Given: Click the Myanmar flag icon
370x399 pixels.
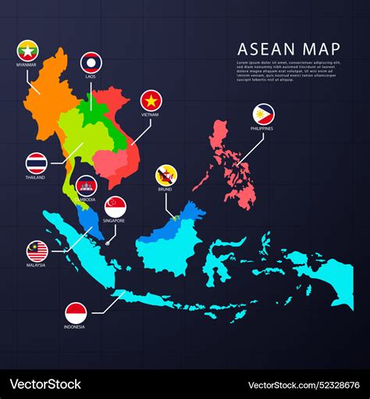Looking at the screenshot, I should click(27, 51).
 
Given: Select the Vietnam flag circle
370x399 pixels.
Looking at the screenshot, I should click(151, 101).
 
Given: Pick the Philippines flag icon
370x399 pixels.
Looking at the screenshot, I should click(263, 114).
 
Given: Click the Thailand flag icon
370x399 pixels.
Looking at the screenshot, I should click(36, 163).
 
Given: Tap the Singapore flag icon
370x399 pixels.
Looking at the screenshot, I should click(116, 206).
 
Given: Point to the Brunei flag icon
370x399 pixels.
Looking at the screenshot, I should click(164, 175).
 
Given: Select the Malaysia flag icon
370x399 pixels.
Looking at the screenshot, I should click(37, 251).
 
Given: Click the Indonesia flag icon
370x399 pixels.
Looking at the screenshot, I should click(76, 312).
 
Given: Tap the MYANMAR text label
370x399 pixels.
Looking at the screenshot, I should click(27, 66).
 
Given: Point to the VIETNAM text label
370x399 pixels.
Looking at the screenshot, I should click(151, 115).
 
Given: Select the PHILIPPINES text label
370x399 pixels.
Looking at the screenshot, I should click(263, 128).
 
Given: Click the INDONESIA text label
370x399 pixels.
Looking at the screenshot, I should click(76, 326).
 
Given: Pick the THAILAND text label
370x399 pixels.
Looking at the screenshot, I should click(35, 177).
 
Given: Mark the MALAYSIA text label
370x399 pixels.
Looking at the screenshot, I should click(36, 265).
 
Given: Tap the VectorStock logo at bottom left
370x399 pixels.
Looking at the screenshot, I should click(45, 384).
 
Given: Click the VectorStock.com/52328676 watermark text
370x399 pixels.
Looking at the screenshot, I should click(304, 384).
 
